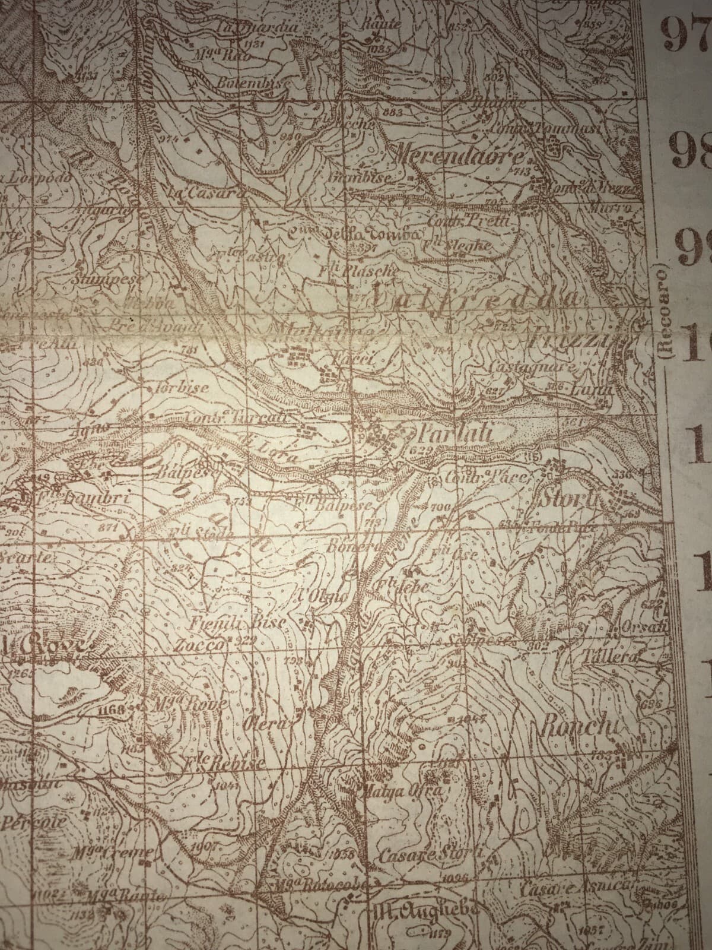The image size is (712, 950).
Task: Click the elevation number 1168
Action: (x=112, y=710)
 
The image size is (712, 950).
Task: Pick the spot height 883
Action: (x=393, y=112)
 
